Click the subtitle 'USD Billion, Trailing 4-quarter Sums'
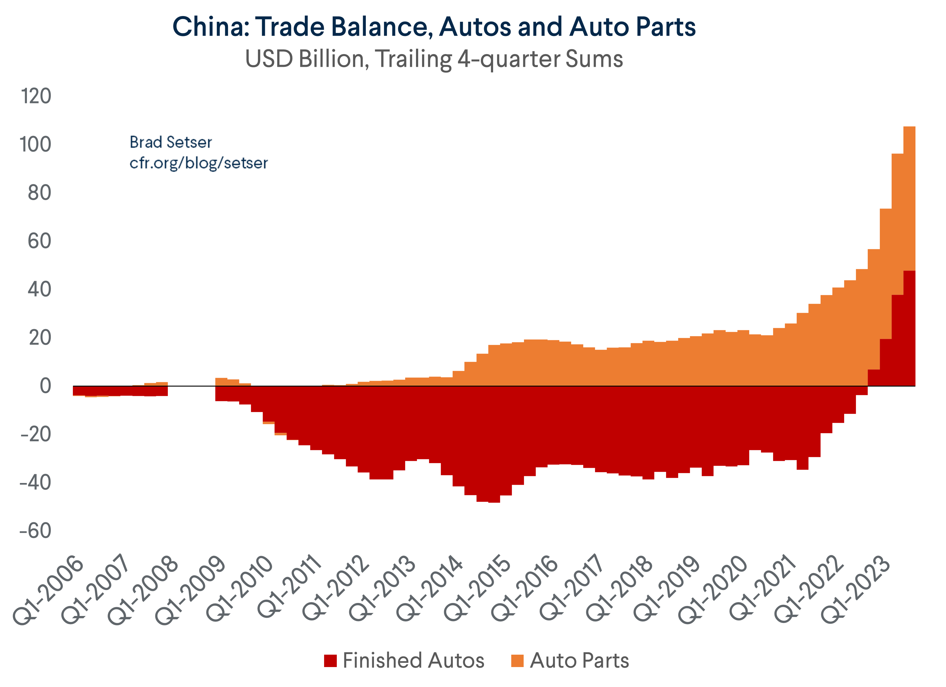pos(434,59)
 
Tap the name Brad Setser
pos(171,143)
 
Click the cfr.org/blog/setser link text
pos(199,163)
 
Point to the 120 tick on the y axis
pos(36,96)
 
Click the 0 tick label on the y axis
pos(45,386)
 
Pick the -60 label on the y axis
pos(35,531)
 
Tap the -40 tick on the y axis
pos(35,483)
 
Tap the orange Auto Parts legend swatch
pos(517,661)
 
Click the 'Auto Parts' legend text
pos(579,661)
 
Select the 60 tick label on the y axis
pos(40,241)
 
